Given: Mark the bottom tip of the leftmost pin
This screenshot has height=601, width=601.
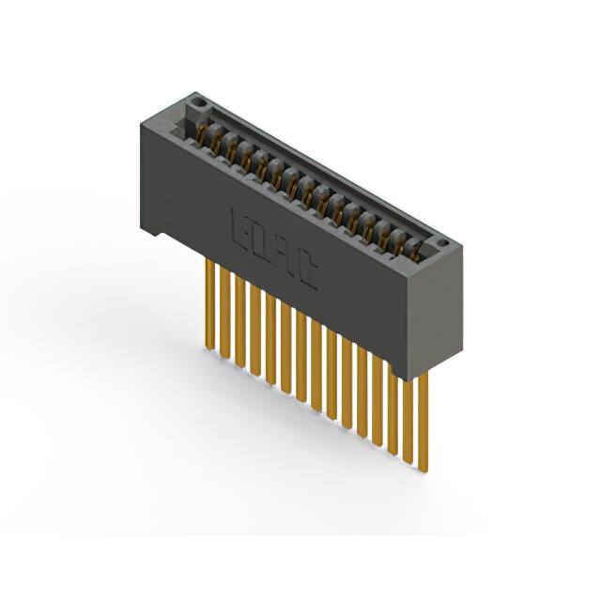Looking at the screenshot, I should [x=208, y=348].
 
